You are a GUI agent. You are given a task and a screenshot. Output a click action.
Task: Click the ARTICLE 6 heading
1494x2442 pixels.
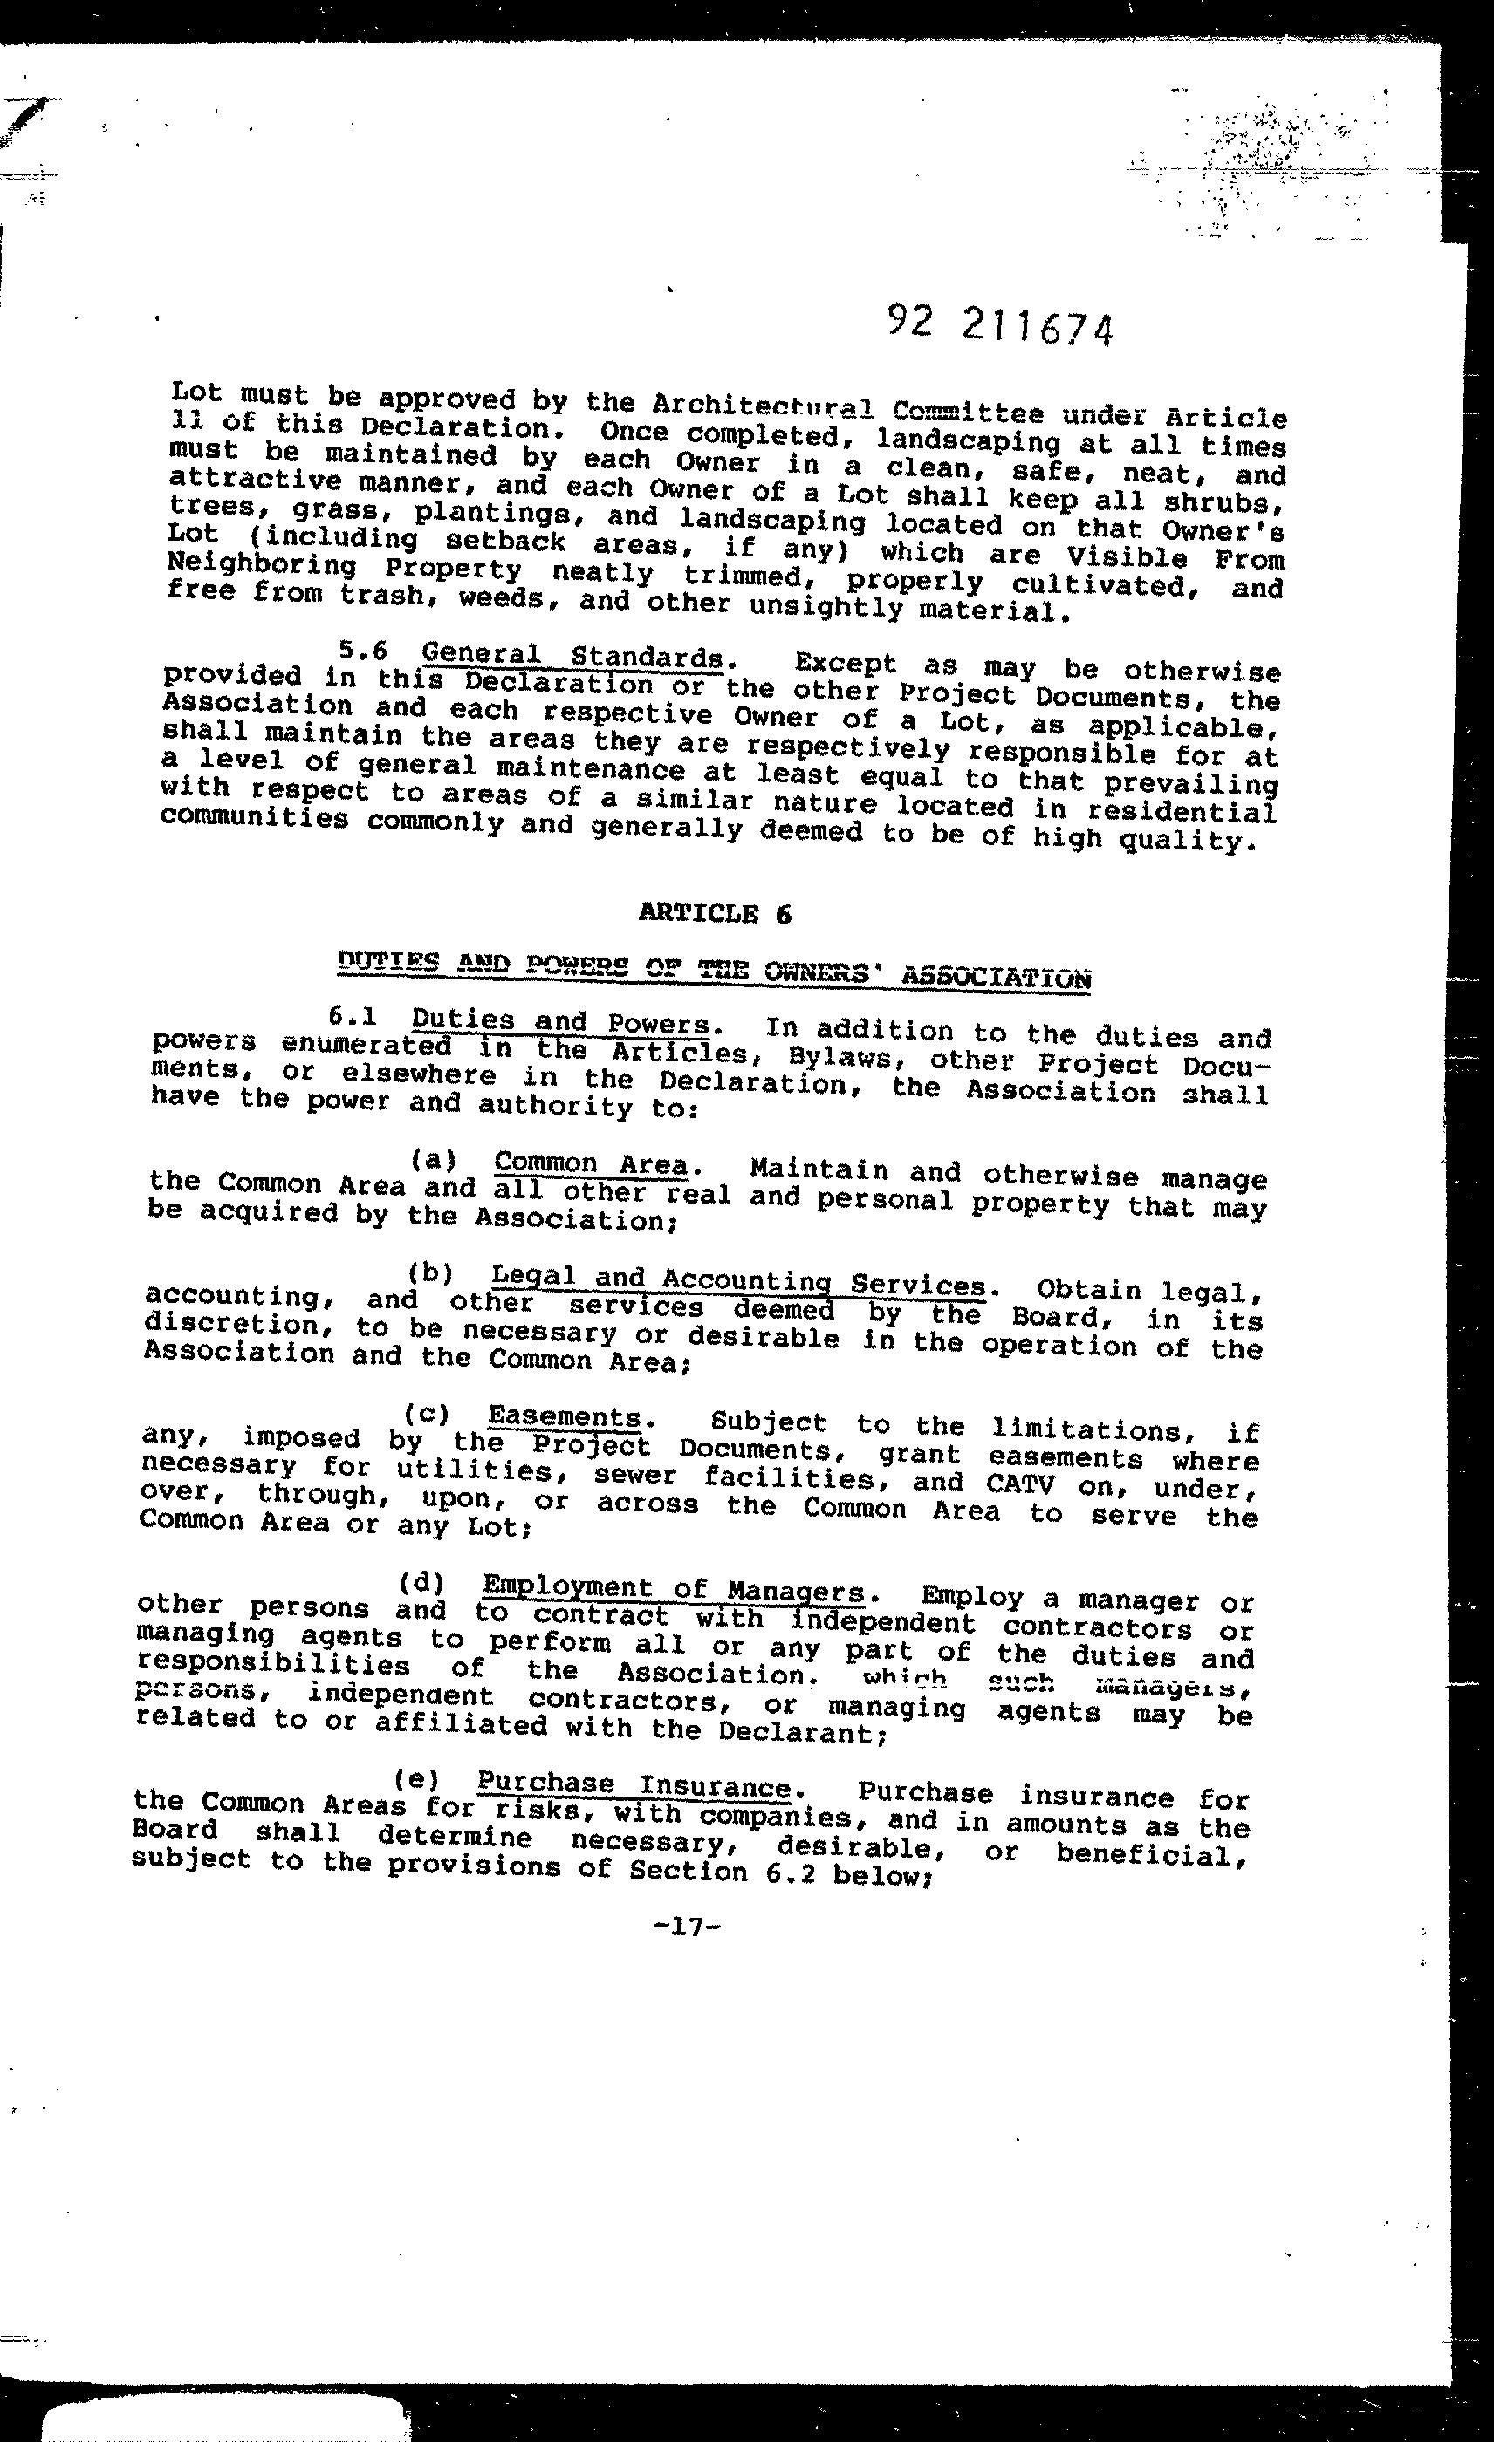715,913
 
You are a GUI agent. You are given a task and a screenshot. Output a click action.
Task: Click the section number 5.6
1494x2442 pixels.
361,650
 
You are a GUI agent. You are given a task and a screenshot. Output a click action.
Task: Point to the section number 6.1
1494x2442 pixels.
349,1017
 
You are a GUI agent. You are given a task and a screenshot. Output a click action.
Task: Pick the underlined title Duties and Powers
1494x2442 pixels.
560,1022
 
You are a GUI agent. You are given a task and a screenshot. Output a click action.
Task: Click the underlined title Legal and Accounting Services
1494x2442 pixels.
738,1281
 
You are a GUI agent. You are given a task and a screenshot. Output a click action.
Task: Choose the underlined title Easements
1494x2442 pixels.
564,1417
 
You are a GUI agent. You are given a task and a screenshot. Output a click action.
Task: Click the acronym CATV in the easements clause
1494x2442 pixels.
1025,1484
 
